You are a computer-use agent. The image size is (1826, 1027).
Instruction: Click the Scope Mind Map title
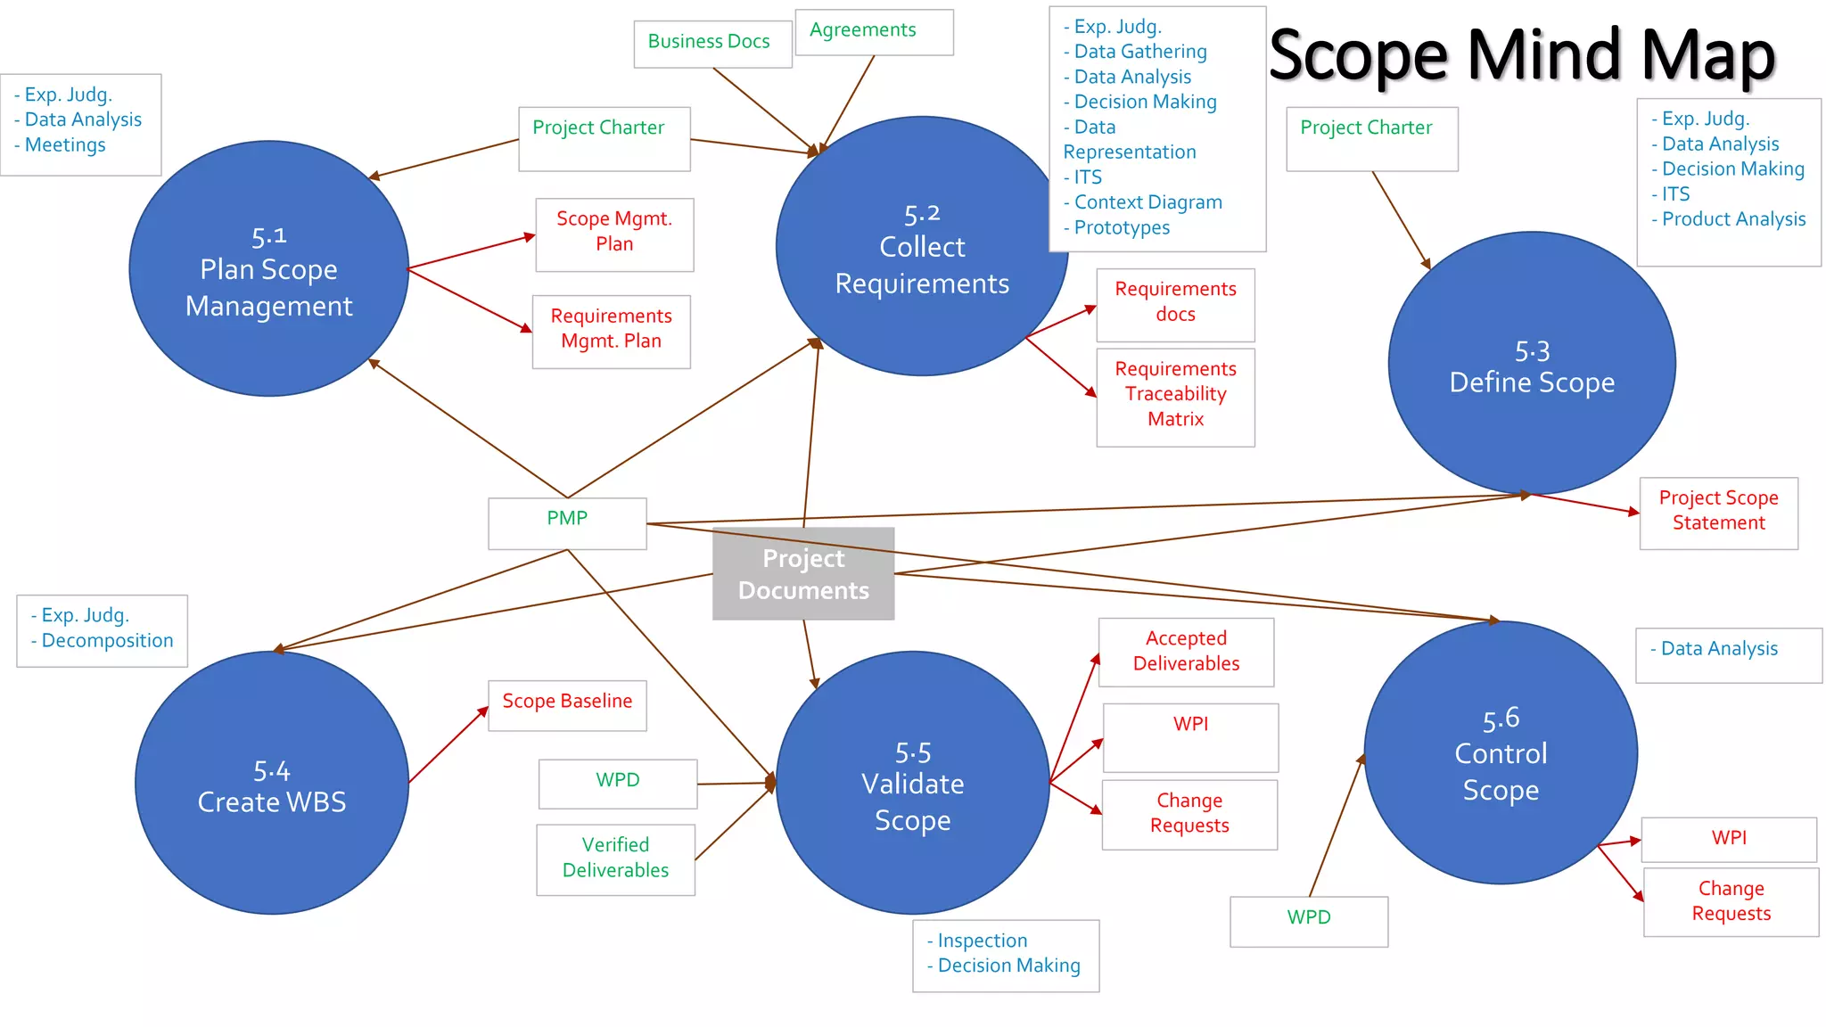(1521, 55)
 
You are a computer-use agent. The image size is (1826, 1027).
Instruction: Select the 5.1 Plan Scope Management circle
(269, 269)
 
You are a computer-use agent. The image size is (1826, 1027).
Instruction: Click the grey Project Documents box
(803, 574)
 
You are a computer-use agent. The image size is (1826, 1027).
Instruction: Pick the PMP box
(567, 522)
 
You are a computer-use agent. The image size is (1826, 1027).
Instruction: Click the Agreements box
(873, 32)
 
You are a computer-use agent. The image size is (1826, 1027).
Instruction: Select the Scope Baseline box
(567, 704)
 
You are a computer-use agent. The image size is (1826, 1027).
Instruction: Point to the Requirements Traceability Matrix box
(1175, 396)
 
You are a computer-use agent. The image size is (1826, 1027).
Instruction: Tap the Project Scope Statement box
(1718, 513)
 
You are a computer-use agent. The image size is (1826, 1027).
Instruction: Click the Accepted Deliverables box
(1186, 652)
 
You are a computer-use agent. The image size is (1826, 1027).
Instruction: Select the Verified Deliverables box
(615, 859)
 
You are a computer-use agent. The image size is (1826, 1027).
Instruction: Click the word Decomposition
(107, 641)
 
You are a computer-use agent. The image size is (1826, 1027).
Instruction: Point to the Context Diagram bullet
(1147, 202)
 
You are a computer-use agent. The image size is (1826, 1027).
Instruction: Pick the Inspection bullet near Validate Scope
(982, 941)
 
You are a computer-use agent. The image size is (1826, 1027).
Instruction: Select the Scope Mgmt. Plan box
(614, 234)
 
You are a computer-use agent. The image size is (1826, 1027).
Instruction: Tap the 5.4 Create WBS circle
(272, 783)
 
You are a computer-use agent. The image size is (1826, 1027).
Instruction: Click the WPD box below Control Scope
(1308, 920)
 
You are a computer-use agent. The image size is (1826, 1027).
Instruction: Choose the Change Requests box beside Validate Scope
(1189, 814)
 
